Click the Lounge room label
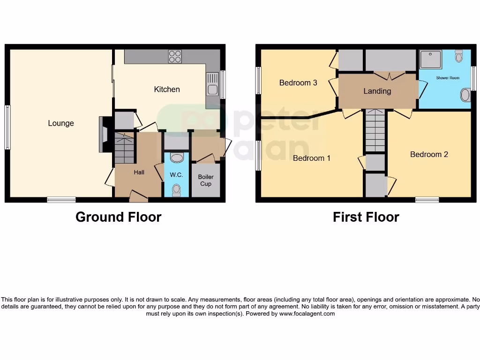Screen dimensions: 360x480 coord(61,123)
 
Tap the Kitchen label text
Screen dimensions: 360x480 coord(167,89)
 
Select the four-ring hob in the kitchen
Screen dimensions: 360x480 coord(175,56)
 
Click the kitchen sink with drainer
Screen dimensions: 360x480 coord(212,84)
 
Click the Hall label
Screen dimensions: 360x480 coord(139,172)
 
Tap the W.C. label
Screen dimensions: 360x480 coord(177,175)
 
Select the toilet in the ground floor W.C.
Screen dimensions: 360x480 coord(176,189)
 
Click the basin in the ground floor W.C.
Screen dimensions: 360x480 coord(177,157)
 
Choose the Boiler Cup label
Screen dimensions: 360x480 coord(206,180)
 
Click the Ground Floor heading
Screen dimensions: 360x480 coord(118,217)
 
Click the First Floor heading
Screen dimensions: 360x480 coord(366,217)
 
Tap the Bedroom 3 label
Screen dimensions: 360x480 coord(298,82)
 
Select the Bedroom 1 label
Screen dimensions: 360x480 coord(312,158)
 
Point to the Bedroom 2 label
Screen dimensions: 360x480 coord(429,154)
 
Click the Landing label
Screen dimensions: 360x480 coord(377,91)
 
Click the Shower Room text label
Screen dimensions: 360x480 coord(448,78)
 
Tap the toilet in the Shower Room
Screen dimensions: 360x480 coord(458,56)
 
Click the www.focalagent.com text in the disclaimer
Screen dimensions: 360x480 coord(307,314)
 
